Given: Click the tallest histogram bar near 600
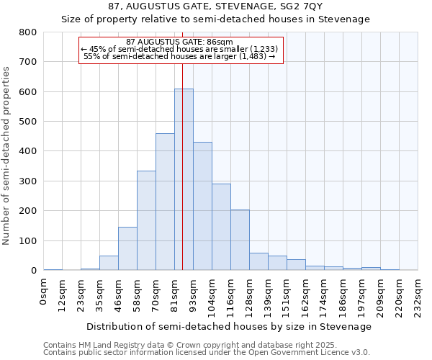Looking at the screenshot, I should tap(184, 180).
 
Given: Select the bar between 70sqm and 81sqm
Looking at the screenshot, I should tap(165, 202).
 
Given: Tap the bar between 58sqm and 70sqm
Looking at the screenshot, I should tap(146, 220).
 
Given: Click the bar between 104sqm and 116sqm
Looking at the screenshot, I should tap(221, 227).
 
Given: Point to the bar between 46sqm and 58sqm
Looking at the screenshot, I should tap(127, 248).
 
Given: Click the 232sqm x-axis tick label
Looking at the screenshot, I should tap(418, 296).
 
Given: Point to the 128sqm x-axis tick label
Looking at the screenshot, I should tap(250, 296).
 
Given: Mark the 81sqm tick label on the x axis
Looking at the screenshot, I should tap(175, 294).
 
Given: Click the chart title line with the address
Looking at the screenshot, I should tap(215, 6).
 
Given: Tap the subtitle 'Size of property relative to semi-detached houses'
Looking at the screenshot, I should tap(215, 19).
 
